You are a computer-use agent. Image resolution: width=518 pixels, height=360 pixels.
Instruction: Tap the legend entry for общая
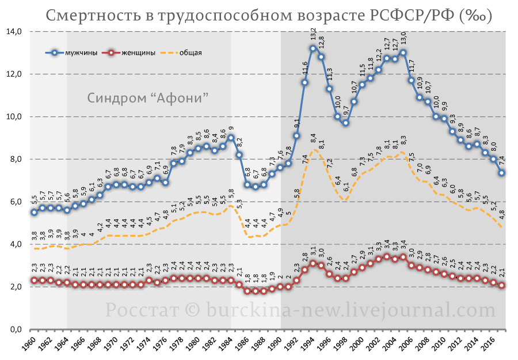point(190,53)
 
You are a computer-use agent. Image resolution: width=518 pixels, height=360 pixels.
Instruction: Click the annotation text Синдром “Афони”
point(147,97)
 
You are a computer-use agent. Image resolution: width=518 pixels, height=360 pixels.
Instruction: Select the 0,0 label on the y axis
point(14,329)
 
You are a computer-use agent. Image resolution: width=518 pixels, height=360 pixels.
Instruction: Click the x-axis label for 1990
point(278,346)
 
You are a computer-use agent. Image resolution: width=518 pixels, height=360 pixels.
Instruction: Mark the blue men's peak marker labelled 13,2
point(313,48)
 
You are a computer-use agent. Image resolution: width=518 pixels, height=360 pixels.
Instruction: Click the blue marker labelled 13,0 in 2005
point(403,52)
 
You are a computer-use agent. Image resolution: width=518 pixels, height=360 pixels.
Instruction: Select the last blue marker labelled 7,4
point(502,172)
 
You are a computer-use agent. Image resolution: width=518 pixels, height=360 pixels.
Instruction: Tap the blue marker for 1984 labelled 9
point(231,138)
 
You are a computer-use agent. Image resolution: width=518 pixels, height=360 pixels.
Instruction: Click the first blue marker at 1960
point(34,212)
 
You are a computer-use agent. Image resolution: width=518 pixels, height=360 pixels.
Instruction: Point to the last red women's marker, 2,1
point(502,285)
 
